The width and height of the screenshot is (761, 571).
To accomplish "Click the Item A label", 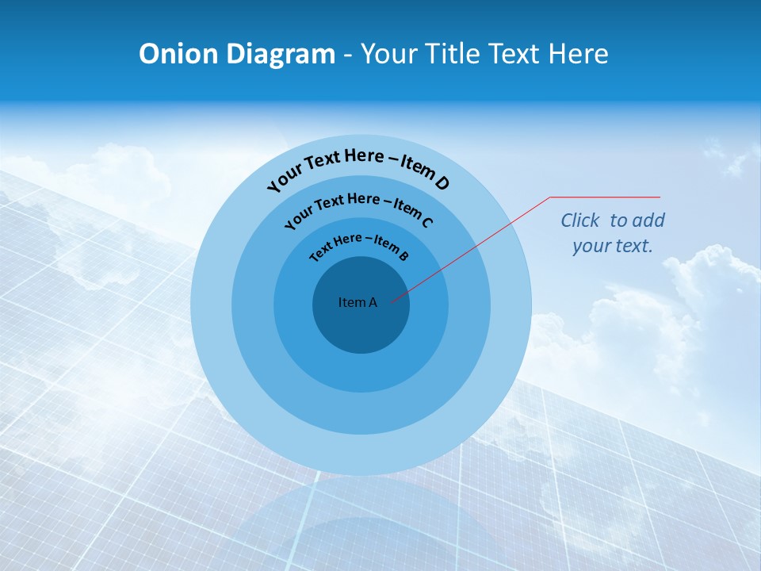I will pos(358,302).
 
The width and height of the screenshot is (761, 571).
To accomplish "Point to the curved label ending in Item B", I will pos(359,243).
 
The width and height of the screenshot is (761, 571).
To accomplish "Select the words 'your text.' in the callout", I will pos(613,246).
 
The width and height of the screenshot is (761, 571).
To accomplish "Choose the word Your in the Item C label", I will pos(298,217).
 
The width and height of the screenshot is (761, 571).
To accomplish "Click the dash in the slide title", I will pos(348,54).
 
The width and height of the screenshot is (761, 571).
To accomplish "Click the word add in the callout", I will pos(648,220).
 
